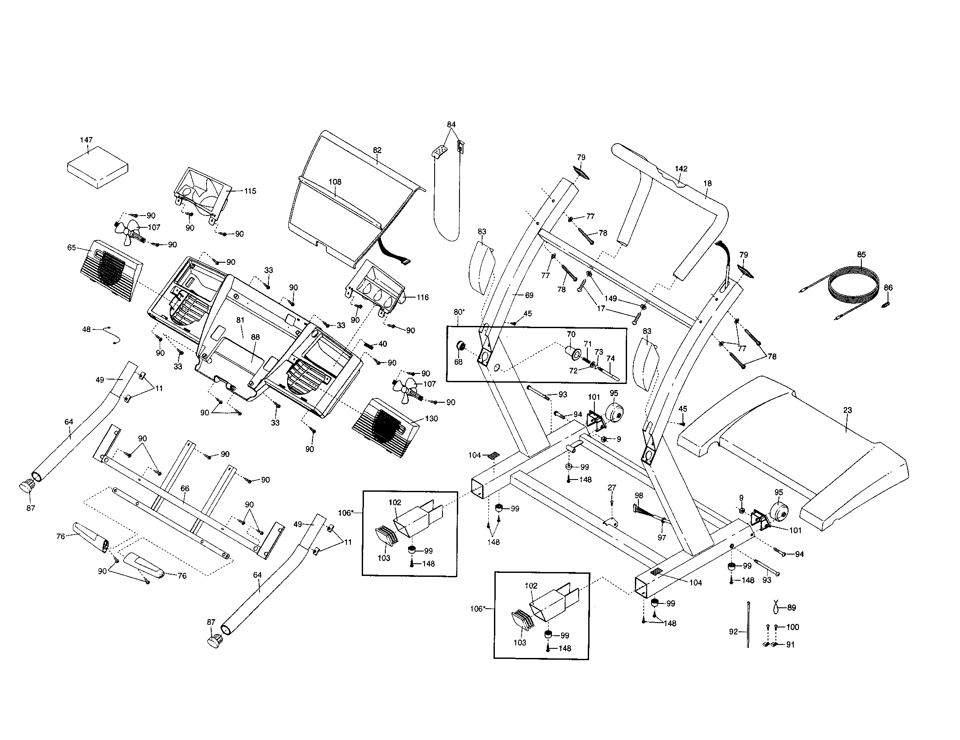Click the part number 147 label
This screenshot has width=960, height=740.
coord(86,140)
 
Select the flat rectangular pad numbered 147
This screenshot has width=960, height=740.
coord(98,167)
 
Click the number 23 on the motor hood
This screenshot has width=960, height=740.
coord(847,410)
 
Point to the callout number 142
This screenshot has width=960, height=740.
coord(681,169)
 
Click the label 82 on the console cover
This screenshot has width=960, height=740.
coord(377,150)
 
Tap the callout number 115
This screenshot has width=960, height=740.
coord(250,191)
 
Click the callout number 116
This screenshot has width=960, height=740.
coord(422,298)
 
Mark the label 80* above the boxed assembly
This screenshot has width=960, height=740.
coord(459,312)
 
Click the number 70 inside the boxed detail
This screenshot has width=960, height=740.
coord(571,334)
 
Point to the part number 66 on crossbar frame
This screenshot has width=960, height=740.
coord(185,489)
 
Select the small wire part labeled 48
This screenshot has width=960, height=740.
coord(112,336)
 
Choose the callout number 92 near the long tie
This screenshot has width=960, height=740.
coord(733,632)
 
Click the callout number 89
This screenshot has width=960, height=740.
coord(791,608)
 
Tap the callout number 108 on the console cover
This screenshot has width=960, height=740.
coord(335,182)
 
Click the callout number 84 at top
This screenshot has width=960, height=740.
coord(451,124)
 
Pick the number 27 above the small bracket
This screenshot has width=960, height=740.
coord(612,487)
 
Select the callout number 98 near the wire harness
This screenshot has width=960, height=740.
coord(639,495)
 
